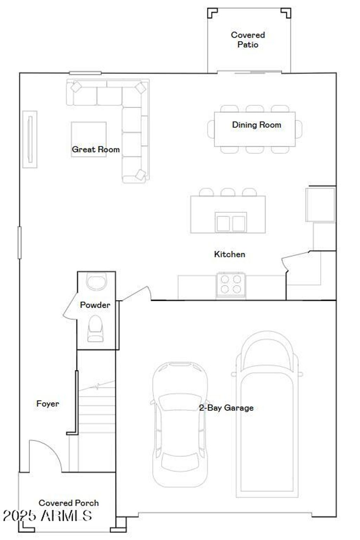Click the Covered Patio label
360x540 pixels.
click(x=248, y=40)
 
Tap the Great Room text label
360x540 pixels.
click(x=96, y=149)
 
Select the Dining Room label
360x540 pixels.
click(x=256, y=125)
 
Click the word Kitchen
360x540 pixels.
click(x=230, y=254)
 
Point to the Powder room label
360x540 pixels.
click(x=95, y=305)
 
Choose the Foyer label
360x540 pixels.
click(x=48, y=403)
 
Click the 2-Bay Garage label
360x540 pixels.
click(x=226, y=408)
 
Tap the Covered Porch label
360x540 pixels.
click(x=69, y=503)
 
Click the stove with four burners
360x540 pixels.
click(x=231, y=285)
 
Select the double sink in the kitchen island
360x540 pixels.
click(x=231, y=223)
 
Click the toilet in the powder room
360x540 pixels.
click(x=95, y=328)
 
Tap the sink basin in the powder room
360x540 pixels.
click(x=96, y=282)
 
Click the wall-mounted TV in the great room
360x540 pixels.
click(x=30, y=139)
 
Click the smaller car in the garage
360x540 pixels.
click(x=180, y=424)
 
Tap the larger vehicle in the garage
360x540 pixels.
click(x=267, y=415)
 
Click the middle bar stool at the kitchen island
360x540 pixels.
click(x=228, y=192)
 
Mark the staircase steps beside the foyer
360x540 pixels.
click(x=97, y=422)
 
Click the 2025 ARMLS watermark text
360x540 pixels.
click(x=47, y=516)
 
